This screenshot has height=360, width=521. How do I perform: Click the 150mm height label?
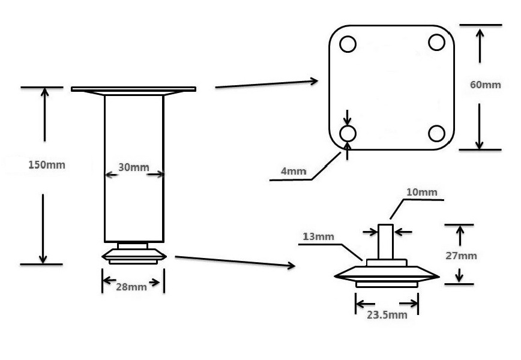47,165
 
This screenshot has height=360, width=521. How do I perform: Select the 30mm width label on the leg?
133,167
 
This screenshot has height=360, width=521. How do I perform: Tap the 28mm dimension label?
132,287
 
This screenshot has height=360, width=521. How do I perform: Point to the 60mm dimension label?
485,85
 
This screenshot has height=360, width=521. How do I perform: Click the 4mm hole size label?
294,172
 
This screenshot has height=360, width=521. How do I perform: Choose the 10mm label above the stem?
421,193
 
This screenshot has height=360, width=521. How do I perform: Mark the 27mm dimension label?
462,256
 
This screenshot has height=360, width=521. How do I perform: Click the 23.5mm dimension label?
387,314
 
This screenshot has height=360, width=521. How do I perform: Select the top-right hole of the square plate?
436,42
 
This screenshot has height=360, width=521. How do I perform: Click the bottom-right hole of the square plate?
437,133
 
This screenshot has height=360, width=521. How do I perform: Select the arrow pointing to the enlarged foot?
234,261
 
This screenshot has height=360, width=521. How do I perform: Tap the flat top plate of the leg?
133,89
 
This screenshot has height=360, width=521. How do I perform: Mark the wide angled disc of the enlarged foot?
387,275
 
